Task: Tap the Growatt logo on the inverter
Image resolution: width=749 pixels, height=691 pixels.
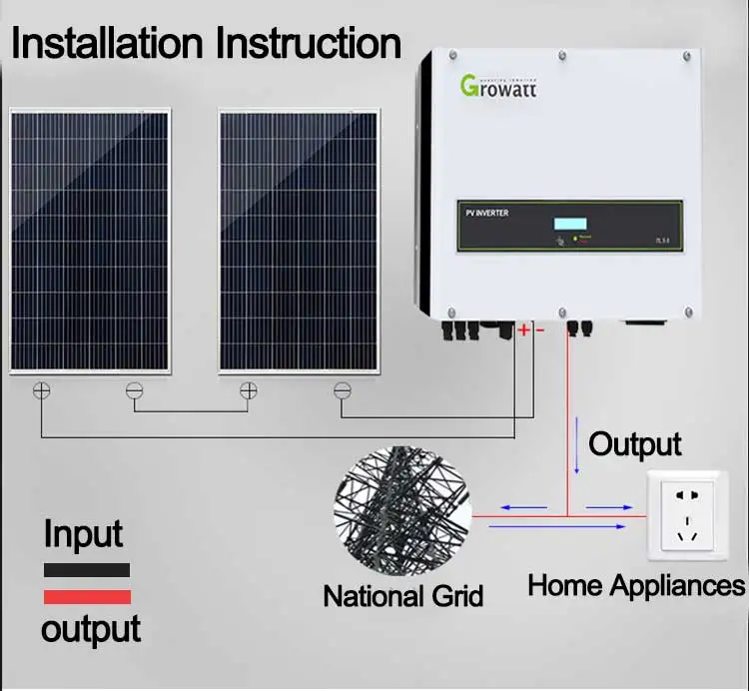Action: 498,85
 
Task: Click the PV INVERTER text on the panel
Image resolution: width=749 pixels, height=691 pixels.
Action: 487,214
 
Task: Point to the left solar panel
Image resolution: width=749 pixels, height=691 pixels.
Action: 89,241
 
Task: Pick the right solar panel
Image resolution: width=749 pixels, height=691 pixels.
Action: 300,241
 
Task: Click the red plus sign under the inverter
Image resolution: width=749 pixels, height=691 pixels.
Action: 523,330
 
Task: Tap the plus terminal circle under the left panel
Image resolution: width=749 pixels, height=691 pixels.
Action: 41,391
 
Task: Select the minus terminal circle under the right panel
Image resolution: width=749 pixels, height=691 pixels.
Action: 343,391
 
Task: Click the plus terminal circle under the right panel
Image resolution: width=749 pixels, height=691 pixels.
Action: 248,391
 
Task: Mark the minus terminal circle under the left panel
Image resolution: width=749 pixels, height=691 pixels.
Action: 134,391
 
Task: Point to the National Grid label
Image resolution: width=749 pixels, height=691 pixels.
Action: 402,596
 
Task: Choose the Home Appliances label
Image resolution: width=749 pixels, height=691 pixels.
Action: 636,584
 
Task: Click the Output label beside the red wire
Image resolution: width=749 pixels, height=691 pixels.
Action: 635,443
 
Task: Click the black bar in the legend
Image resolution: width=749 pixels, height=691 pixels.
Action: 86,570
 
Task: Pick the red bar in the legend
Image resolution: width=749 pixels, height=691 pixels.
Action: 86,597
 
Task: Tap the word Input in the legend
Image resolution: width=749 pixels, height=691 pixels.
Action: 83,534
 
